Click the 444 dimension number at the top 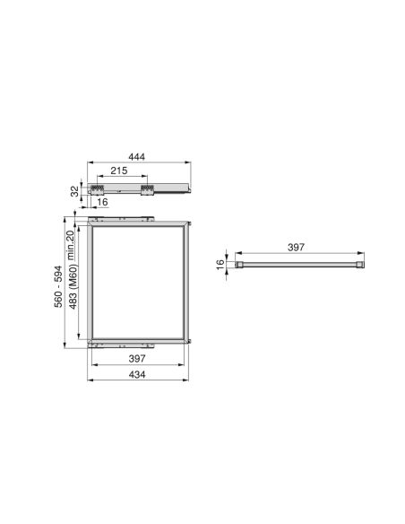[137, 155]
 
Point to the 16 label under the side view [103, 203]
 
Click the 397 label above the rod [300, 247]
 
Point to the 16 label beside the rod [219, 265]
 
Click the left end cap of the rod [239, 265]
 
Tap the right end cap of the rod [360, 265]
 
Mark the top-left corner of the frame [90, 224]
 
